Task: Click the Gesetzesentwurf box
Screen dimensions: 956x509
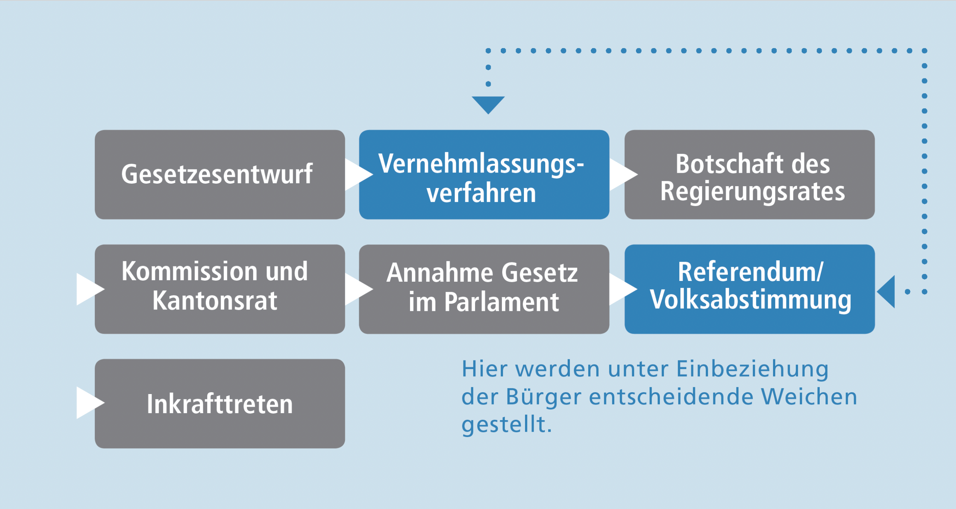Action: pyautogui.click(x=220, y=174)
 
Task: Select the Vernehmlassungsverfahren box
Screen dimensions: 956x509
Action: pyautogui.click(x=484, y=174)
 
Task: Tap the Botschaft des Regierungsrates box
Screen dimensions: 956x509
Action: pyautogui.click(x=749, y=174)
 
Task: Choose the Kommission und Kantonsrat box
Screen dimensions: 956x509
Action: pyautogui.click(x=220, y=289)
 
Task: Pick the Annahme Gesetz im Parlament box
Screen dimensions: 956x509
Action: pyautogui.click(x=484, y=289)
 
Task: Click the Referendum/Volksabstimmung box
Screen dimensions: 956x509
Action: pyautogui.click(x=749, y=289)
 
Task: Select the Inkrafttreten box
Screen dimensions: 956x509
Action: pyautogui.click(x=220, y=403)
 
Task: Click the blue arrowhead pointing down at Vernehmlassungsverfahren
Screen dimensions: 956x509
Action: pyautogui.click(x=488, y=105)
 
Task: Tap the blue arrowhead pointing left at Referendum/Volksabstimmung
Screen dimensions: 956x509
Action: pyautogui.click(x=886, y=292)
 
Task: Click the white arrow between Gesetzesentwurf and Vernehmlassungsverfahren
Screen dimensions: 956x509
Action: pyautogui.click(x=359, y=175)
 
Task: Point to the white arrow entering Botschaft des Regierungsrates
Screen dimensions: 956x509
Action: pyautogui.click(x=624, y=175)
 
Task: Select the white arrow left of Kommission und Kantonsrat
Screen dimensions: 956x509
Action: pyautogui.click(x=90, y=289)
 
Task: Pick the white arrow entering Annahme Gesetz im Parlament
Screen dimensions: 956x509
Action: pyautogui.click(x=359, y=289)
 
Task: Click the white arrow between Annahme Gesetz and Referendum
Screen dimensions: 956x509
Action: pyautogui.click(x=624, y=289)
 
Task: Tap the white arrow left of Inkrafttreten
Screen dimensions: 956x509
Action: pyautogui.click(x=90, y=403)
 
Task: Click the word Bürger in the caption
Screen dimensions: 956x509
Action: pyautogui.click(x=544, y=397)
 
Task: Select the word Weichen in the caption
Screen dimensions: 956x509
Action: pyautogui.click(x=809, y=397)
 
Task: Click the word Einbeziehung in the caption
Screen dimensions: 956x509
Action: pyautogui.click(x=752, y=370)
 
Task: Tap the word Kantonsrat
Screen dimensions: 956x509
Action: pyautogui.click(x=215, y=301)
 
